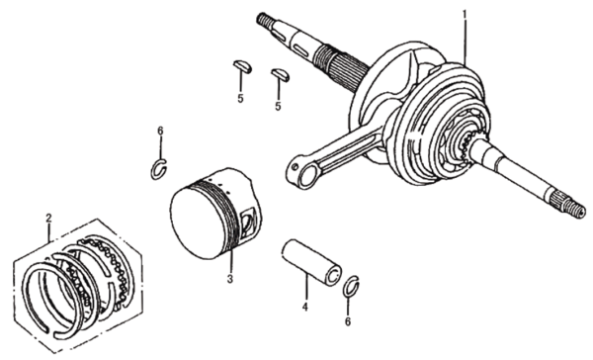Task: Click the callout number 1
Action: pos(465,15)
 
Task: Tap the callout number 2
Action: pos(48,218)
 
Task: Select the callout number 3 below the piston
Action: pos(230,279)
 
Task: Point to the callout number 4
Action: pos(305,307)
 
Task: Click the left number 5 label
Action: pos(240,99)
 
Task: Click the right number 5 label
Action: pos(278,107)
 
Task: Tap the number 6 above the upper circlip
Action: pos(160,131)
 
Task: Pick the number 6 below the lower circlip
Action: pos(348,321)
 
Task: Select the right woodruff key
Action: pos(281,74)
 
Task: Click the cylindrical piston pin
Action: pos(311,262)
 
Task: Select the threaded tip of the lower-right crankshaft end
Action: pos(575,210)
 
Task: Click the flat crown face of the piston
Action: pos(198,223)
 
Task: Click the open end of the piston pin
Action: pos(332,276)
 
